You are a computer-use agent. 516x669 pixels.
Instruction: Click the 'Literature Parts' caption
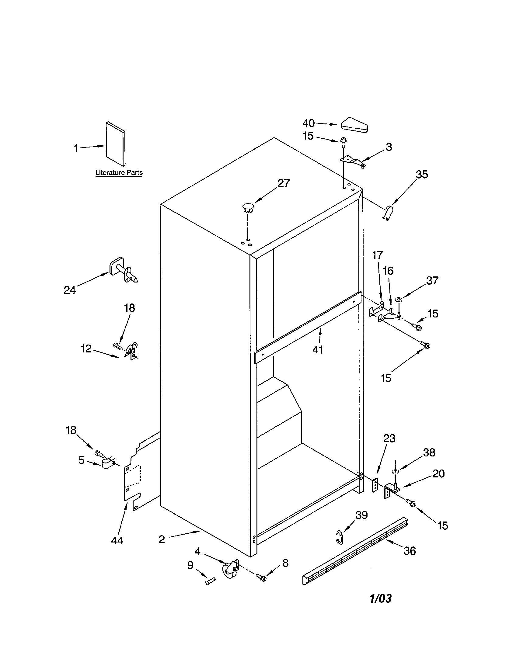[119, 172]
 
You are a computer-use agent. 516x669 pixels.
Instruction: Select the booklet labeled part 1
[116, 144]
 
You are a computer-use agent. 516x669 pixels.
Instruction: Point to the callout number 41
[318, 349]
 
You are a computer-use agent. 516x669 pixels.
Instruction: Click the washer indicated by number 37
[399, 299]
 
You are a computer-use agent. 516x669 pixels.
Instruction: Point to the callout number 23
[389, 438]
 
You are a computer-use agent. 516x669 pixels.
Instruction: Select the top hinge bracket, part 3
[353, 161]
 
